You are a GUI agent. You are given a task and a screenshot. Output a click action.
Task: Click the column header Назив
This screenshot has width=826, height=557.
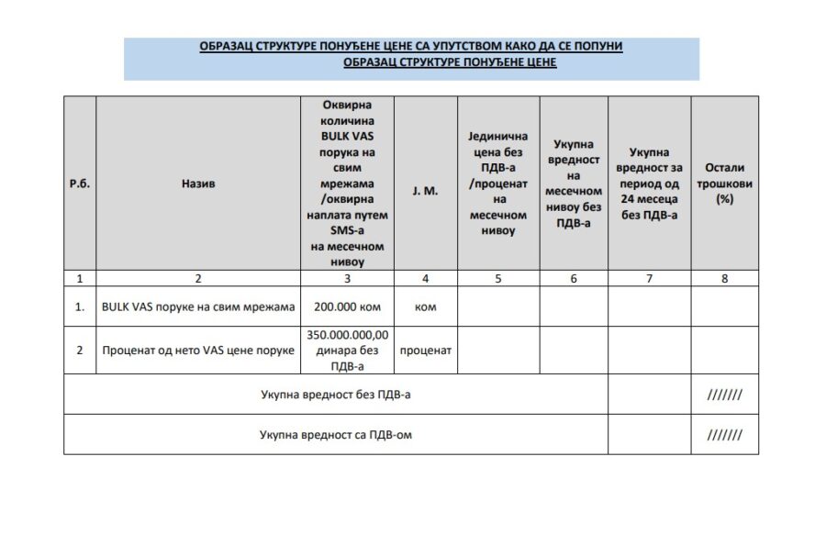198,184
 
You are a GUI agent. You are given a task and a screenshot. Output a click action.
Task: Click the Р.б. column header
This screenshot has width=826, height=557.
79,184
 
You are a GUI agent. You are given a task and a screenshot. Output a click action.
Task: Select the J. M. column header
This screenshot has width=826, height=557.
426,184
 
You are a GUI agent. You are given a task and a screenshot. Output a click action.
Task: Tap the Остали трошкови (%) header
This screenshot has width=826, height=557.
725,183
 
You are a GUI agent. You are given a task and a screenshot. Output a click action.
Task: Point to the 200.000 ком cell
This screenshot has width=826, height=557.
347,306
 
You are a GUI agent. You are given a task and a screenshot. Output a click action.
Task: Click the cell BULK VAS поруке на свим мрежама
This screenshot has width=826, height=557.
198,306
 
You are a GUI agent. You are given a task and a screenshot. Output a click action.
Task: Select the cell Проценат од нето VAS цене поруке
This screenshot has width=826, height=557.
198,351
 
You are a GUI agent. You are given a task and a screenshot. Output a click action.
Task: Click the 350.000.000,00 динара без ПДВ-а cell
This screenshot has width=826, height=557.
347,351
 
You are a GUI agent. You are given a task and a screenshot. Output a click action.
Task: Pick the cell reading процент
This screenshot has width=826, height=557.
426,351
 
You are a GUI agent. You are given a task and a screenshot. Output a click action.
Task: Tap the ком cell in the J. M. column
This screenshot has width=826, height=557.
426,306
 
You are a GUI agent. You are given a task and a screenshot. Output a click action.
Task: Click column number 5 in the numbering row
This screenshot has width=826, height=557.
497,278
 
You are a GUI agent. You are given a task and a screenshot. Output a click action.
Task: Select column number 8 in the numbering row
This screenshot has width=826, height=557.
725,278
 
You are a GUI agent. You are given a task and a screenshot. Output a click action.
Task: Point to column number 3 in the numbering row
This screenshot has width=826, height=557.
347,278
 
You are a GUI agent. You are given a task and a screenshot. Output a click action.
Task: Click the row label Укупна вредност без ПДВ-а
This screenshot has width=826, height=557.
336,395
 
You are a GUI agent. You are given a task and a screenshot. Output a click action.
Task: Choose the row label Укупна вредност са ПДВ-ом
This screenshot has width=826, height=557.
336,434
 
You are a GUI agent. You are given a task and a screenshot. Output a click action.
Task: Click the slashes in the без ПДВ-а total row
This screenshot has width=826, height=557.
725,395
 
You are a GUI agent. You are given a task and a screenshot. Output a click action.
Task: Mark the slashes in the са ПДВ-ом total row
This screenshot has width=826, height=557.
725,434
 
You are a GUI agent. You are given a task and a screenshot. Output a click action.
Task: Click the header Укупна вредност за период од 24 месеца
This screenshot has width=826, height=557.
650,183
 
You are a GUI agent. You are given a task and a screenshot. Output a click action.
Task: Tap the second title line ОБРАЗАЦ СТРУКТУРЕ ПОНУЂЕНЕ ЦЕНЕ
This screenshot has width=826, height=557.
450,62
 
